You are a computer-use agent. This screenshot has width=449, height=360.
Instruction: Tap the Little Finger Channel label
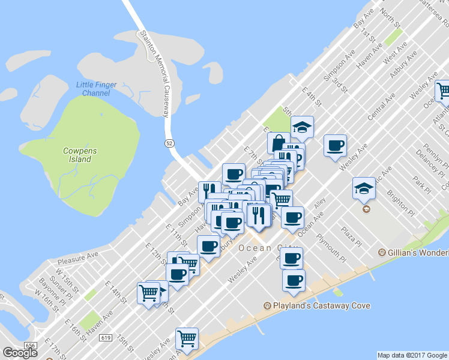(x=93, y=89)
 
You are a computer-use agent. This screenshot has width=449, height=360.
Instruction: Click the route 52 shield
(x=170, y=142)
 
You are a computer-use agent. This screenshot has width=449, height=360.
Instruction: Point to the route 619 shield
(x=106, y=338)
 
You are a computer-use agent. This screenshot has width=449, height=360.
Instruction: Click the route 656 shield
(x=30, y=346)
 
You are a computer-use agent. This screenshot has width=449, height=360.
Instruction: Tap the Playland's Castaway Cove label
(x=322, y=306)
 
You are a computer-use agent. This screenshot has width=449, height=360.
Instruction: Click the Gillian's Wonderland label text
(x=418, y=253)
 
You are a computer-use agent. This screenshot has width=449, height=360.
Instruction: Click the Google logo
(x=20, y=352)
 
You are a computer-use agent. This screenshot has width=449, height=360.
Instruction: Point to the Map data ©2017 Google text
(x=412, y=355)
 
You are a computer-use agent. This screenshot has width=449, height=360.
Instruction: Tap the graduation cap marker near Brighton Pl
(x=364, y=188)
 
